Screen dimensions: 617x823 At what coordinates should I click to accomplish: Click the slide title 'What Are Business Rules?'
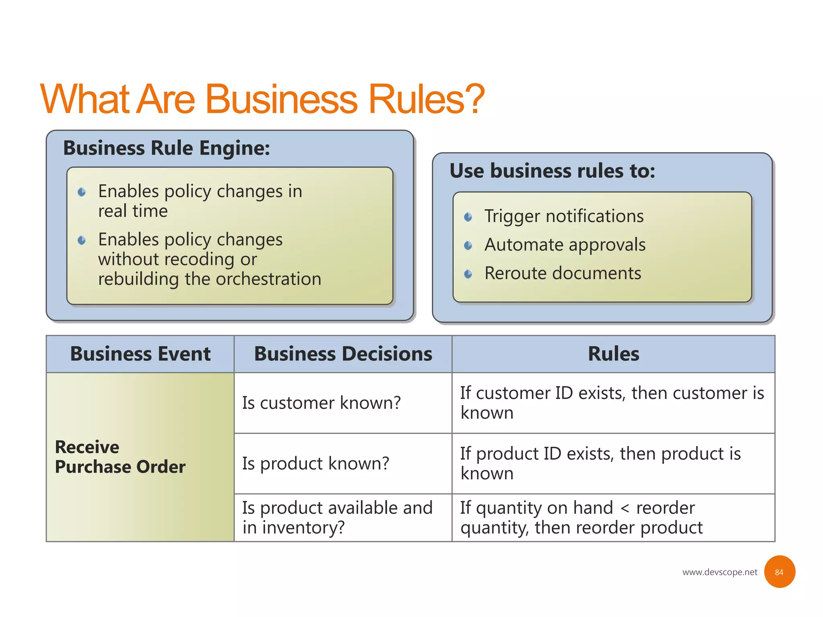262,99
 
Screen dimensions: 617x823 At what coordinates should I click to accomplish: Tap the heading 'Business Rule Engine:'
166,148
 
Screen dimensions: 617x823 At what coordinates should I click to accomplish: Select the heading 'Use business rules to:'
552,171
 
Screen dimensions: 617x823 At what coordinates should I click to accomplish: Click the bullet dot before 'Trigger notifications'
468,217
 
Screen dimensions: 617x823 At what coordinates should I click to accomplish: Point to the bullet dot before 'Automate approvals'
468,245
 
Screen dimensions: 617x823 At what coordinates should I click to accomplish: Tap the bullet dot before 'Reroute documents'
468,274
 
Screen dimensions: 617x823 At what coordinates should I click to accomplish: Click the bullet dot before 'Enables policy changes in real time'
82,192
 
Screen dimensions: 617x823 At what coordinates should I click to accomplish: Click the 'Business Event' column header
140,354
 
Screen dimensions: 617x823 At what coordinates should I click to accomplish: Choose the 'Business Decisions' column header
343,354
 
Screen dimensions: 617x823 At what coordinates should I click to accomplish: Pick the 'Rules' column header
613,354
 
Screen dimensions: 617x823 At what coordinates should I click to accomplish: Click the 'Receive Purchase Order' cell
120,457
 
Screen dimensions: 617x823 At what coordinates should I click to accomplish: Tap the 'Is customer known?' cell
321,403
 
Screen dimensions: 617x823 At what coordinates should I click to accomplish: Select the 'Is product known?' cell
316,464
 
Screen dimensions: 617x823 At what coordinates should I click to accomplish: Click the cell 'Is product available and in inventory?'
337,517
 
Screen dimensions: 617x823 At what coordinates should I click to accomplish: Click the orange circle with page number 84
779,572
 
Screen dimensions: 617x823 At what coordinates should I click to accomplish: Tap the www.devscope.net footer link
720,572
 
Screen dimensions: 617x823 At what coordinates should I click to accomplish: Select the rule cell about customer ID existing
612,403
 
